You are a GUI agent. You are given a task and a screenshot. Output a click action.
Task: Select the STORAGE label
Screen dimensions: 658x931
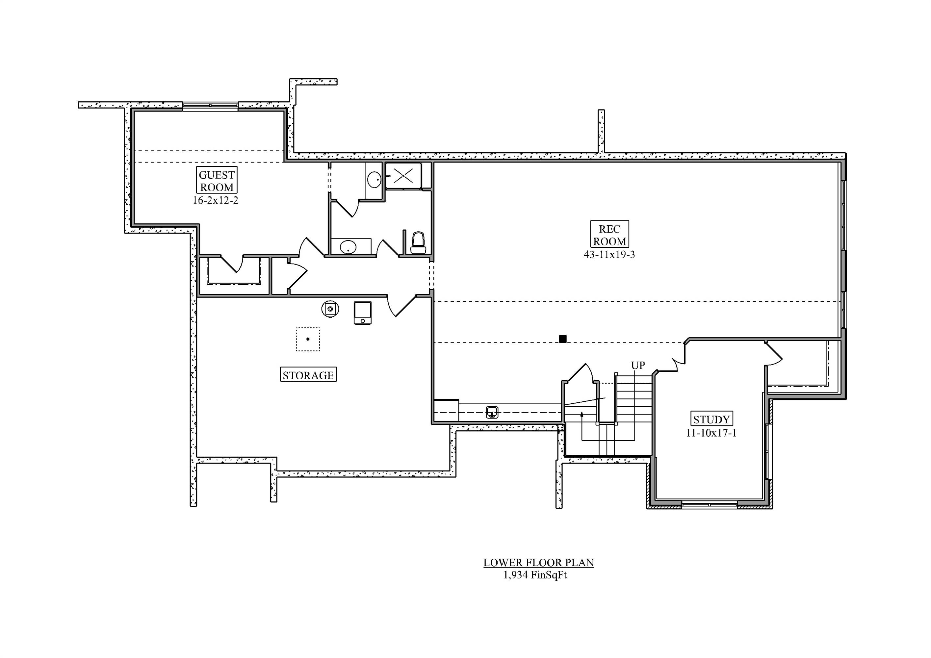click(308, 375)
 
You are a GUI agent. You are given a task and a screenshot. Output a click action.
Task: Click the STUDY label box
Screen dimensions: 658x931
click(711, 419)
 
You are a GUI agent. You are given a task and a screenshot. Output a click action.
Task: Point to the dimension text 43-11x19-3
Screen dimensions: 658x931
click(609, 255)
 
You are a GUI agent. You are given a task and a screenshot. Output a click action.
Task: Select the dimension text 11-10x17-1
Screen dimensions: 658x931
click(711, 433)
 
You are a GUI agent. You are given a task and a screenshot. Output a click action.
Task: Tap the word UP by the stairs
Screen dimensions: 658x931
click(637, 365)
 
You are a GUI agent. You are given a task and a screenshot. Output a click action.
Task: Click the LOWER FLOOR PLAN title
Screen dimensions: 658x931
click(538, 562)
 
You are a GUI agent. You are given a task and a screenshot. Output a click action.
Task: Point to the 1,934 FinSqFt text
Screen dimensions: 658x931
click(535, 575)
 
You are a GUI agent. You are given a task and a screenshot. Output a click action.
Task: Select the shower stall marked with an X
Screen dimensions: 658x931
click(403, 176)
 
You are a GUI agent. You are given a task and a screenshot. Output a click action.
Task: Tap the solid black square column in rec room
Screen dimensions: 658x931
click(562, 339)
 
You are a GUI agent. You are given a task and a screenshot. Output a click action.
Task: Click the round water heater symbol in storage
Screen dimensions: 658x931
click(330, 309)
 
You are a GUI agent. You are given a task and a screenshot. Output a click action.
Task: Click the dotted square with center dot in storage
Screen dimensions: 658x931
click(308, 339)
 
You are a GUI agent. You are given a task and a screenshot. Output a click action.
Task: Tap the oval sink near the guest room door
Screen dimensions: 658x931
click(348, 246)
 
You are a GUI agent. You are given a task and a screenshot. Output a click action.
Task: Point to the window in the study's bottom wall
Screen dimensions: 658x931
click(709, 504)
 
